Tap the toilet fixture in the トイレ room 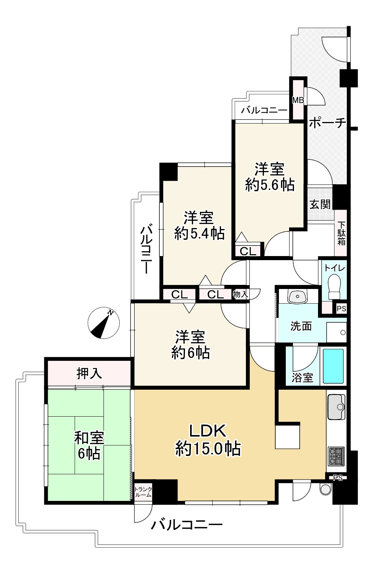[x=334, y=286]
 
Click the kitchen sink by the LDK [x=336, y=407]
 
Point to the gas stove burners [x=336, y=456]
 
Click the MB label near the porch [x=298, y=100]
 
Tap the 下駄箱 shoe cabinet [x=341, y=233]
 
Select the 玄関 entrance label [x=320, y=204]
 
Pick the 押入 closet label [x=89, y=373]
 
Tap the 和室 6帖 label [x=89, y=445]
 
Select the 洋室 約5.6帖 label [x=269, y=177]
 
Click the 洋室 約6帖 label [x=190, y=345]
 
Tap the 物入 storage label [x=240, y=294]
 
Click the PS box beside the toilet [x=341, y=309]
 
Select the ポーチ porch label [x=327, y=123]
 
